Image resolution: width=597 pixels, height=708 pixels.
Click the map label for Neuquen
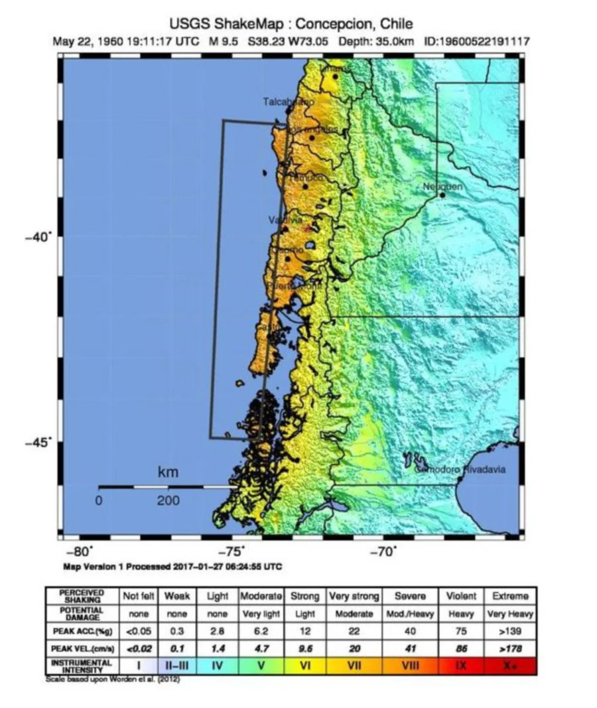tap(442, 186)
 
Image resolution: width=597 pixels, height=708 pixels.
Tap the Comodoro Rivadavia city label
tap(460, 469)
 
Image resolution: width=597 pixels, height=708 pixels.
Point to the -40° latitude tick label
tap(40, 237)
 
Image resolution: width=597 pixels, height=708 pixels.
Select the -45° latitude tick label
tap(40, 442)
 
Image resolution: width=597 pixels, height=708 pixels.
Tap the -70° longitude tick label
tap(383, 551)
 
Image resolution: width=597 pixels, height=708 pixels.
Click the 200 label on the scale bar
tap(168, 501)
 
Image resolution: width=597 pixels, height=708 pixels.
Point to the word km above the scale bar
tap(168, 472)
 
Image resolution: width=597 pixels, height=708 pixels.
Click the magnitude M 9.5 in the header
tap(226, 42)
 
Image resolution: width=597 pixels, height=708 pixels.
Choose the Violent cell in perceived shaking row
tap(461, 596)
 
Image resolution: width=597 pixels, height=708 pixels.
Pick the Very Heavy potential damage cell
tap(510, 614)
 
